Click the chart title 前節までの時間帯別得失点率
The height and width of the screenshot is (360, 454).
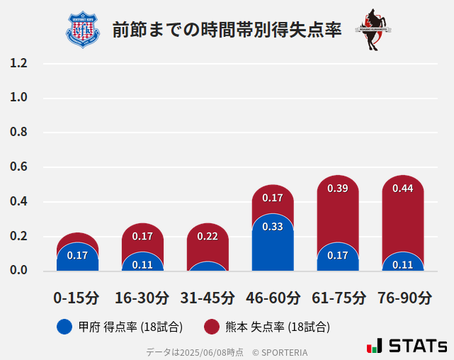point(227,30)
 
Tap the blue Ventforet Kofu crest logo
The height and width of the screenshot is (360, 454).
point(83,30)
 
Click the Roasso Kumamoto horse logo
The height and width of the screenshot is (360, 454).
point(373,30)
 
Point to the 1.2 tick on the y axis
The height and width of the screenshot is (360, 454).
point(18,64)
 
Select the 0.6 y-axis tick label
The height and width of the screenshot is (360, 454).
point(18,167)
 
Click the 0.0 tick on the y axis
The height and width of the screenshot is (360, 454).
point(18,271)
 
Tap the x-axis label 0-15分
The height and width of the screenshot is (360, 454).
point(77,298)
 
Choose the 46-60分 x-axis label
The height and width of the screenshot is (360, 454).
point(272,298)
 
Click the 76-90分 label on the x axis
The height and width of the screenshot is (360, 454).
point(403,298)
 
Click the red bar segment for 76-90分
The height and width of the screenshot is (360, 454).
point(403,220)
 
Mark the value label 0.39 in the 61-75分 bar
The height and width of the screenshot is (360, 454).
point(338,189)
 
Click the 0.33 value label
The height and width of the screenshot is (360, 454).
point(273,227)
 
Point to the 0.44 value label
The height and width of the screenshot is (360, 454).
point(403,189)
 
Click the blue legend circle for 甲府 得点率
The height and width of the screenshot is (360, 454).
point(64,327)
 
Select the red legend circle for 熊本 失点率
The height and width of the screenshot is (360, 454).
point(211,327)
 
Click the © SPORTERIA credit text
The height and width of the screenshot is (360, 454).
point(280,351)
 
